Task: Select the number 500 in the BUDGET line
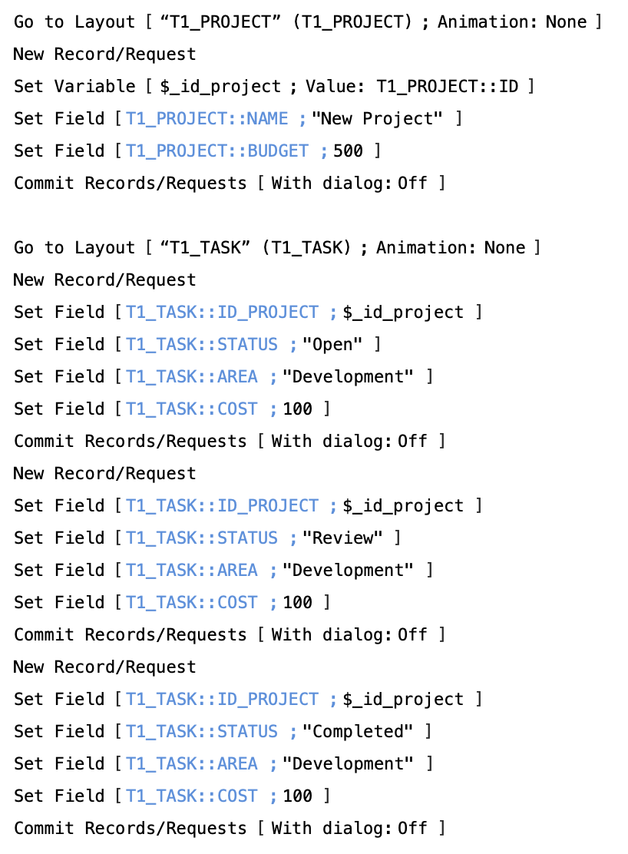pos(348,151)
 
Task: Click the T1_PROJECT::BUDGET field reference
pos(217,151)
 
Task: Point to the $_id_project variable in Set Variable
pos(220,87)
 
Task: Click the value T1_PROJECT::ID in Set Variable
pos(447,87)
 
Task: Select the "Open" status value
pos(332,345)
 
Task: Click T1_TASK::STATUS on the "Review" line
pos(202,538)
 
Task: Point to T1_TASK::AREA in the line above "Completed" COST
pos(192,764)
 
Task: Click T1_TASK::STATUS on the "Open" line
pos(202,345)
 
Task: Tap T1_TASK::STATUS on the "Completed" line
pos(202,732)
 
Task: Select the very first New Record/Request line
pos(105,55)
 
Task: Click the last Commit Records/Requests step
pos(131,829)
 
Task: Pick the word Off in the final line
pos(412,829)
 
